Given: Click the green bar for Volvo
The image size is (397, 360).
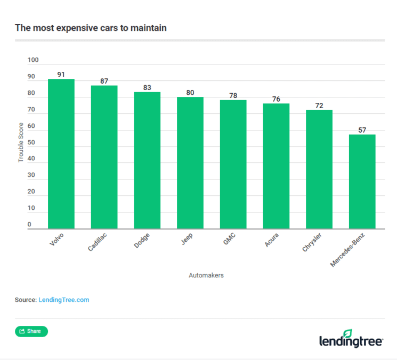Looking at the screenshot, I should click(x=61, y=154).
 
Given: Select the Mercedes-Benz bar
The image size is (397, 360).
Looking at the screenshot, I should click(x=362, y=182).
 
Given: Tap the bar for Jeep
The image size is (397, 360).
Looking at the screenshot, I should click(x=190, y=163).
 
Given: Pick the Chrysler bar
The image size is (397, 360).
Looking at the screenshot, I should click(x=319, y=169).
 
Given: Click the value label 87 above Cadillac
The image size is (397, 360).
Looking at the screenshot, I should click(x=104, y=81).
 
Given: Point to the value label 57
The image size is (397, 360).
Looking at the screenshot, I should click(x=362, y=130).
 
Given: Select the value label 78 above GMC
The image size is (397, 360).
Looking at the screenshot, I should click(x=233, y=95).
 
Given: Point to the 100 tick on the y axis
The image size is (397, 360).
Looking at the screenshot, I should click(x=34, y=61).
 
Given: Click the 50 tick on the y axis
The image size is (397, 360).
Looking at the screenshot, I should click(x=31, y=143).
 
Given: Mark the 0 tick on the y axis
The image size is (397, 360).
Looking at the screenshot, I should click(x=30, y=225).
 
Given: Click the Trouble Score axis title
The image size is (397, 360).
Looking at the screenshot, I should click(x=21, y=141).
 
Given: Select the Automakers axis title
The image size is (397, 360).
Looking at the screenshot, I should click(x=206, y=275).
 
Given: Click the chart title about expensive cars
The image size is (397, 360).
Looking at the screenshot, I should click(x=91, y=28).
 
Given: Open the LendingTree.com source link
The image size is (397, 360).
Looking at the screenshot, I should click(x=64, y=300).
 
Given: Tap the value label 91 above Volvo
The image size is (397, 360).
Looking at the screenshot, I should click(x=61, y=75).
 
